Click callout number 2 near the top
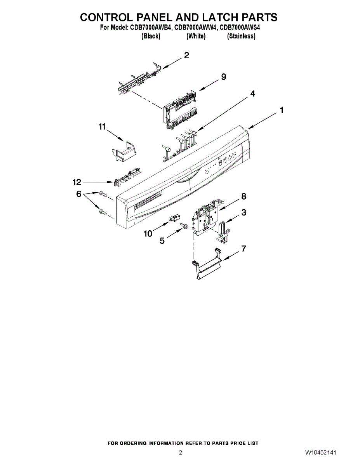pos(186,56)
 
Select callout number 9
pos(223,77)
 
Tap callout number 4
pos(252,94)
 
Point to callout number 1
pos(282,110)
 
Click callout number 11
pos(102,127)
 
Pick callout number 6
pos(78,194)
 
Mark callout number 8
pos(243,196)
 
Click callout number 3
pos(243,212)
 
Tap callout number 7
pos(243,249)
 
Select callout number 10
pos(148,233)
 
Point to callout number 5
pos(162,241)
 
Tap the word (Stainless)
pos(241,36)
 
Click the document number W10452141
pos(321,453)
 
